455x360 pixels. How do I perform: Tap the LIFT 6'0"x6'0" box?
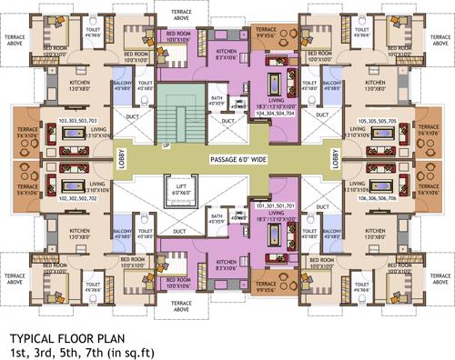pyautogui.click(x=183, y=193)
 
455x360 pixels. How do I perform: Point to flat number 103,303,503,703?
pyautogui.click(x=78, y=119)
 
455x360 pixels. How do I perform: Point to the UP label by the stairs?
pyautogui.click(x=165, y=145)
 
